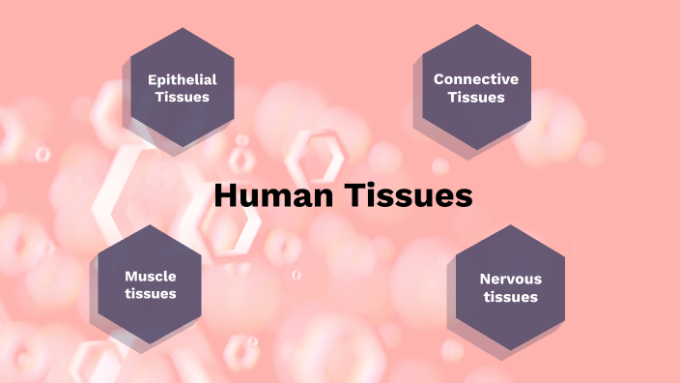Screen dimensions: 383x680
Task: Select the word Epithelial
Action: click(182, 79)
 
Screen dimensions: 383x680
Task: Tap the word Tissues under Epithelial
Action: click(182, 97)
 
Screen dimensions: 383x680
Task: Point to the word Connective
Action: click(476, 79)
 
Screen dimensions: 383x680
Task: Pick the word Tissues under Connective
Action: click(476, 97)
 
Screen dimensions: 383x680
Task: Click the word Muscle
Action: click(151, 276)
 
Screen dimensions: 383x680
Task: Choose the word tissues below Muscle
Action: click(151, 293)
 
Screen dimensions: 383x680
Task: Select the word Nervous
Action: click(511, 279)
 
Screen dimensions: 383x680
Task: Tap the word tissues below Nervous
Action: click(511, 297)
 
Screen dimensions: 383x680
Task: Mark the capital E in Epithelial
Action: click(152, 79)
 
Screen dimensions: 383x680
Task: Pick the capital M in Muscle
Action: click(131, 276)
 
